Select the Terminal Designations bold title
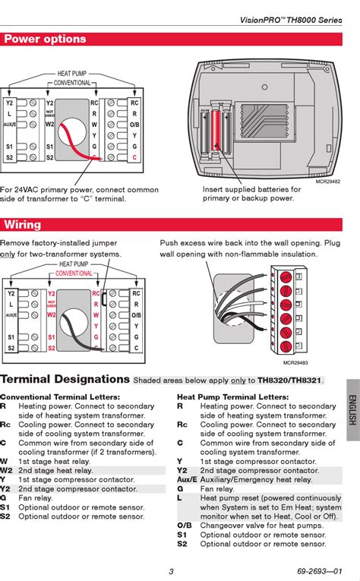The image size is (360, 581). (x=65, y=379)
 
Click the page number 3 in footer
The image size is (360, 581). (x=171, y=571)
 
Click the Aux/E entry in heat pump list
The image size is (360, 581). (x=187, y=480)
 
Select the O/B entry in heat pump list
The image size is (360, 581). (x=185, y=526)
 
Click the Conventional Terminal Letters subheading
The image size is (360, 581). (x=60, y=397)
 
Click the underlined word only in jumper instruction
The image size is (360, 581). (x=8, y=254)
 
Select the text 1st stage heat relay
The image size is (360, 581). (x=54, y=461)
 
